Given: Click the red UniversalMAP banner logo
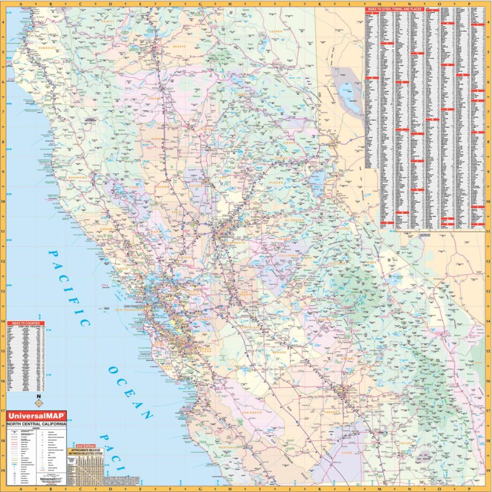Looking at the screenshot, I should (36, 416).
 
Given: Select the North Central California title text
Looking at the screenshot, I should (36, 424).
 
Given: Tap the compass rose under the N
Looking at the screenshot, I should (38, 403).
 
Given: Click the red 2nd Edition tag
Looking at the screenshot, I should (86, 447).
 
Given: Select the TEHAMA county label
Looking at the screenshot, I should (155, 99).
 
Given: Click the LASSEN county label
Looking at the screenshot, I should (277, 32).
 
